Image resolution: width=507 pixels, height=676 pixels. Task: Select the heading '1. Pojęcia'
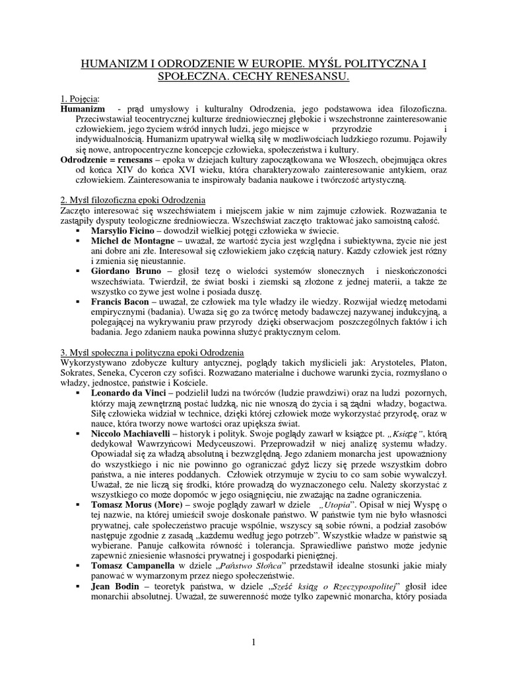pyautogui.click(x=80, y=98)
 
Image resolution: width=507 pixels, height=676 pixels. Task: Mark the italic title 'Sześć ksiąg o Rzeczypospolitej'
pyautogui.click(x=324, y=587)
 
